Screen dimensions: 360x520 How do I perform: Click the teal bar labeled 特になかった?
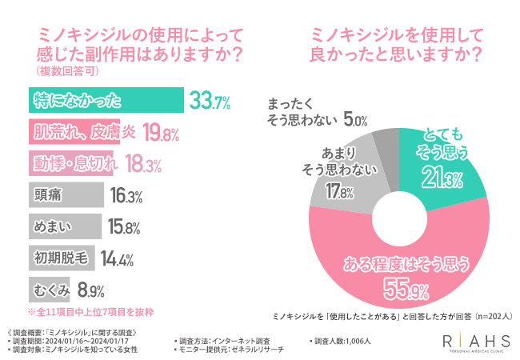pos(104,101)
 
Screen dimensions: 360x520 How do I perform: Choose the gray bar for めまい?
pos(65,226)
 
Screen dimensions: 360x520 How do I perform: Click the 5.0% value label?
pos(354,121)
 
